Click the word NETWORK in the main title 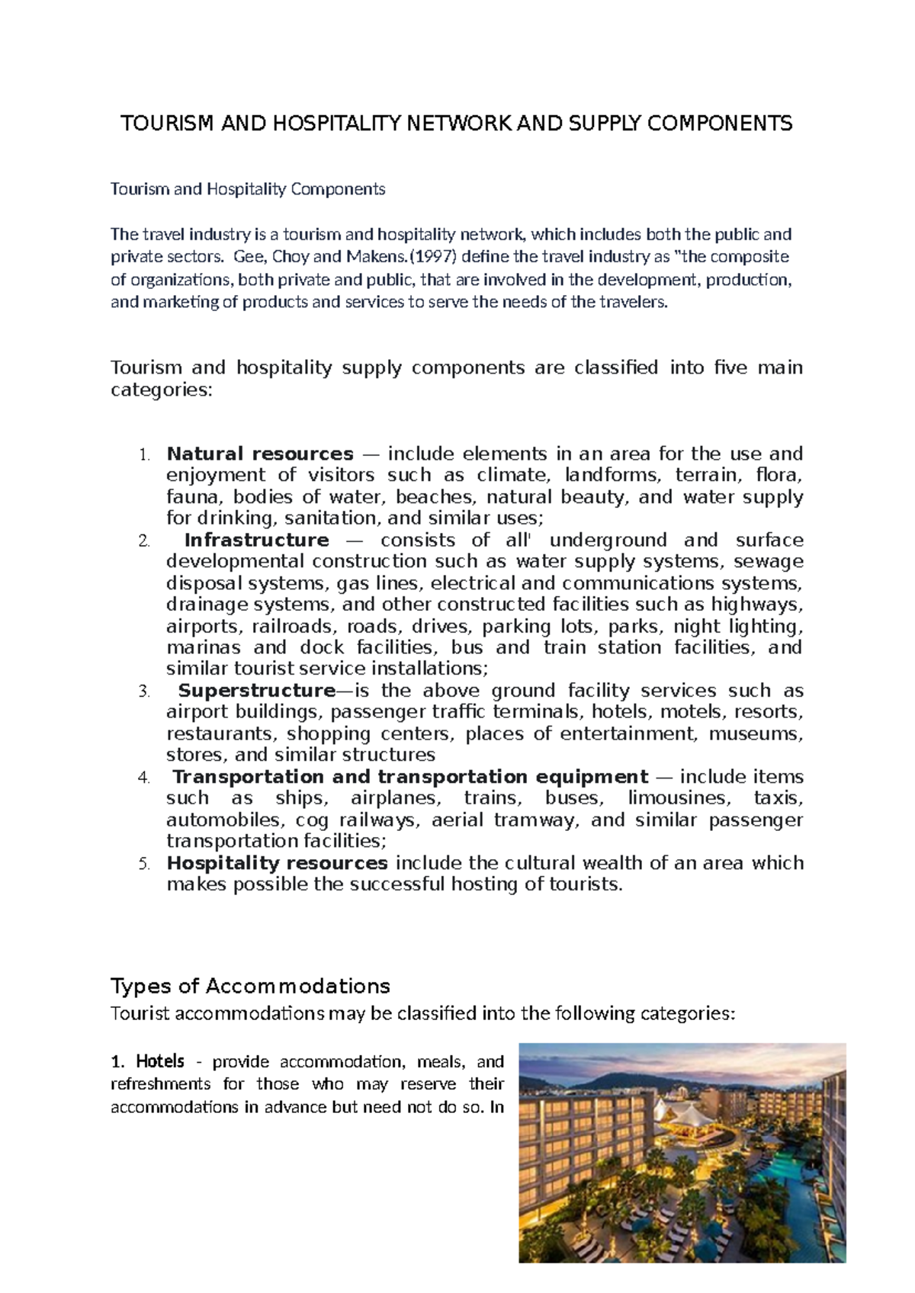pos(457,124)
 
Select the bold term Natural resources pos(260,454)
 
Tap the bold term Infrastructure pos(257,541)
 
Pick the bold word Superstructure pos(255,691)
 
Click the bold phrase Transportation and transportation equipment pos(410,777)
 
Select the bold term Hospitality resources pos(278,863)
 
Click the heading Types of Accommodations pos(250,987)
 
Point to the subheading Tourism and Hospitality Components pos(248,189)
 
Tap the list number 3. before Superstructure pos(144,691)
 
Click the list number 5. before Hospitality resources pos(144,864)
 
